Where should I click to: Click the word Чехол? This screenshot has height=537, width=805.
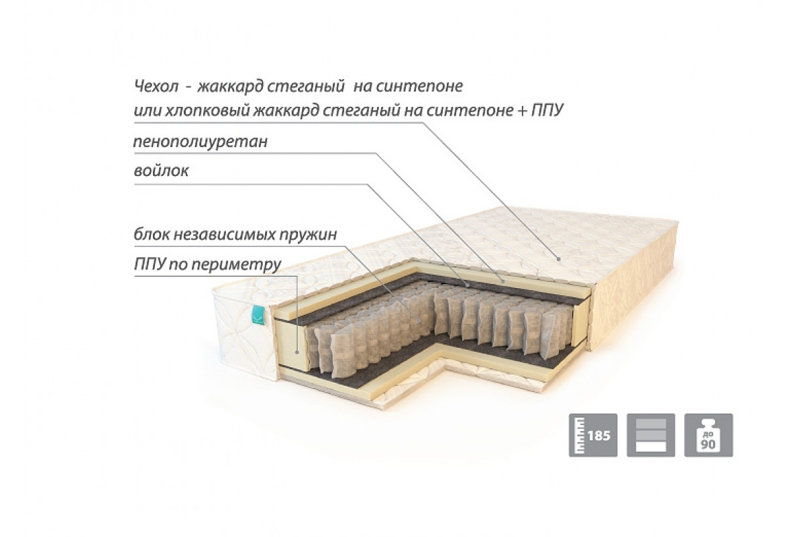pyautogui.click(x=156, y=86)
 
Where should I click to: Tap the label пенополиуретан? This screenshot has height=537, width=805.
pyautogui.click(x=200, y=142)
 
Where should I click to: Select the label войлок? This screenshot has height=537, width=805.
pyautogui.click(x=161, y=170)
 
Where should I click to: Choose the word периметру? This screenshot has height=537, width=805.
pyautogui.click(x=236, y=265)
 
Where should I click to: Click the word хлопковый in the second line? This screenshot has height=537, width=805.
pyautogui.click(x=207, y=111)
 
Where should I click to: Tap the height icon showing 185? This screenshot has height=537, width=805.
pyautogui.click(x=593, y=435)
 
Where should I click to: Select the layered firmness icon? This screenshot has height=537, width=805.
pyautogui.click(x=651, y=435)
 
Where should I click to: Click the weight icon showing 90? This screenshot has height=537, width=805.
pyautogui.click(x=708, y=435)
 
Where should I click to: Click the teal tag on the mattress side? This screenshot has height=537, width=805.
pyautogui.click(x=258, y=315)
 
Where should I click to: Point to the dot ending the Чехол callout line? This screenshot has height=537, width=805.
pyautogui.click(x=559, y=258)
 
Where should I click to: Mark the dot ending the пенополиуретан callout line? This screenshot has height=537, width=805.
pyautogui.click(x=504, y=281)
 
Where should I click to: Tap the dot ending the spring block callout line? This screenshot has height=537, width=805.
pyautogui.click(x=419, y=320)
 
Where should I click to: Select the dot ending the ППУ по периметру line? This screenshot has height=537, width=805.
pyautogui.click(x=297, y=352)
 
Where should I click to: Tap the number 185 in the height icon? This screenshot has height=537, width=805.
pyautogui.click(x=599, y=436)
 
